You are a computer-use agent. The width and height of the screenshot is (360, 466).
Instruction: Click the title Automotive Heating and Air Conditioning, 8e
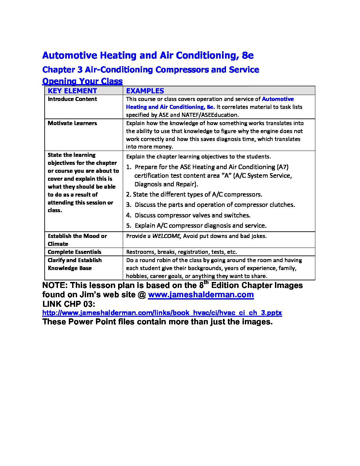148,55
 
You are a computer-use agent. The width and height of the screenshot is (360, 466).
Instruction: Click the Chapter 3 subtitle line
151,70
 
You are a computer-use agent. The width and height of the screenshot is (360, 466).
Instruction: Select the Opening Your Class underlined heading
82,81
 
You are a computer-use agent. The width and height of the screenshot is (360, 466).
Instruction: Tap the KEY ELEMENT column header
72,91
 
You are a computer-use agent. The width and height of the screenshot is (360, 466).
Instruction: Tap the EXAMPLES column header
145,91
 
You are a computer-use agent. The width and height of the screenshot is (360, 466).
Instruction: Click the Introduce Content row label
72,99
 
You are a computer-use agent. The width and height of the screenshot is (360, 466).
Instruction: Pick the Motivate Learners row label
72,123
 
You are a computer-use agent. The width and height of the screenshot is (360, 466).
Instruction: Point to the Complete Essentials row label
74,252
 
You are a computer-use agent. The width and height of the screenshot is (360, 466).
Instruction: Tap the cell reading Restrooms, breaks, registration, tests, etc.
181,252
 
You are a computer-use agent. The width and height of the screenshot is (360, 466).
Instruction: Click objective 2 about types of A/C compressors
194,195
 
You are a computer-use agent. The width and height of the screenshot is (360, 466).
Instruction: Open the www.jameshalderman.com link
201,295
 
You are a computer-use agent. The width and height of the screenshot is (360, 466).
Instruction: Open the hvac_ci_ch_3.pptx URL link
162,313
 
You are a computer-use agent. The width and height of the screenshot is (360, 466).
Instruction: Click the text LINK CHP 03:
69,304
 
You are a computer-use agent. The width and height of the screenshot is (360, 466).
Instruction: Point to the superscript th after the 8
206,282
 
